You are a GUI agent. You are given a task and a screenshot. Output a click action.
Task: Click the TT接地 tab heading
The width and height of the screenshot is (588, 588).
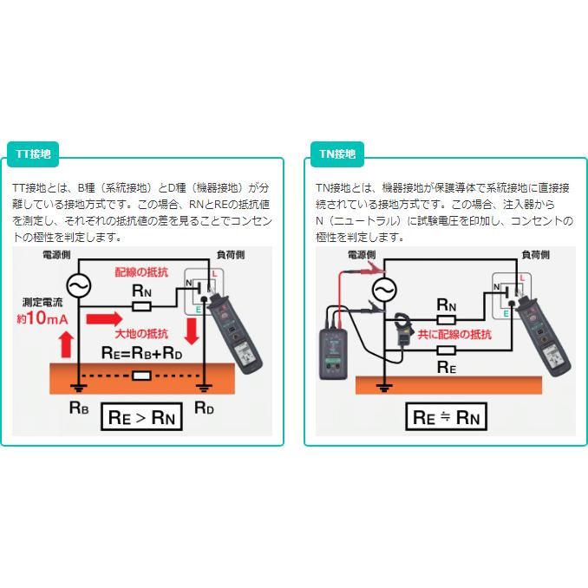coord(34,154)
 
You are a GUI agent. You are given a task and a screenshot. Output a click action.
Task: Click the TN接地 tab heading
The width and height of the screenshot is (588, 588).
coord(337,154)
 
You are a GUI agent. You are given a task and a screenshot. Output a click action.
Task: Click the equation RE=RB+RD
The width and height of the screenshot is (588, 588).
coord(141,352)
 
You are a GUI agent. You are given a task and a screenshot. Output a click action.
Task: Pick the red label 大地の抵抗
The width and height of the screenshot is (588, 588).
coord(145,335)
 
